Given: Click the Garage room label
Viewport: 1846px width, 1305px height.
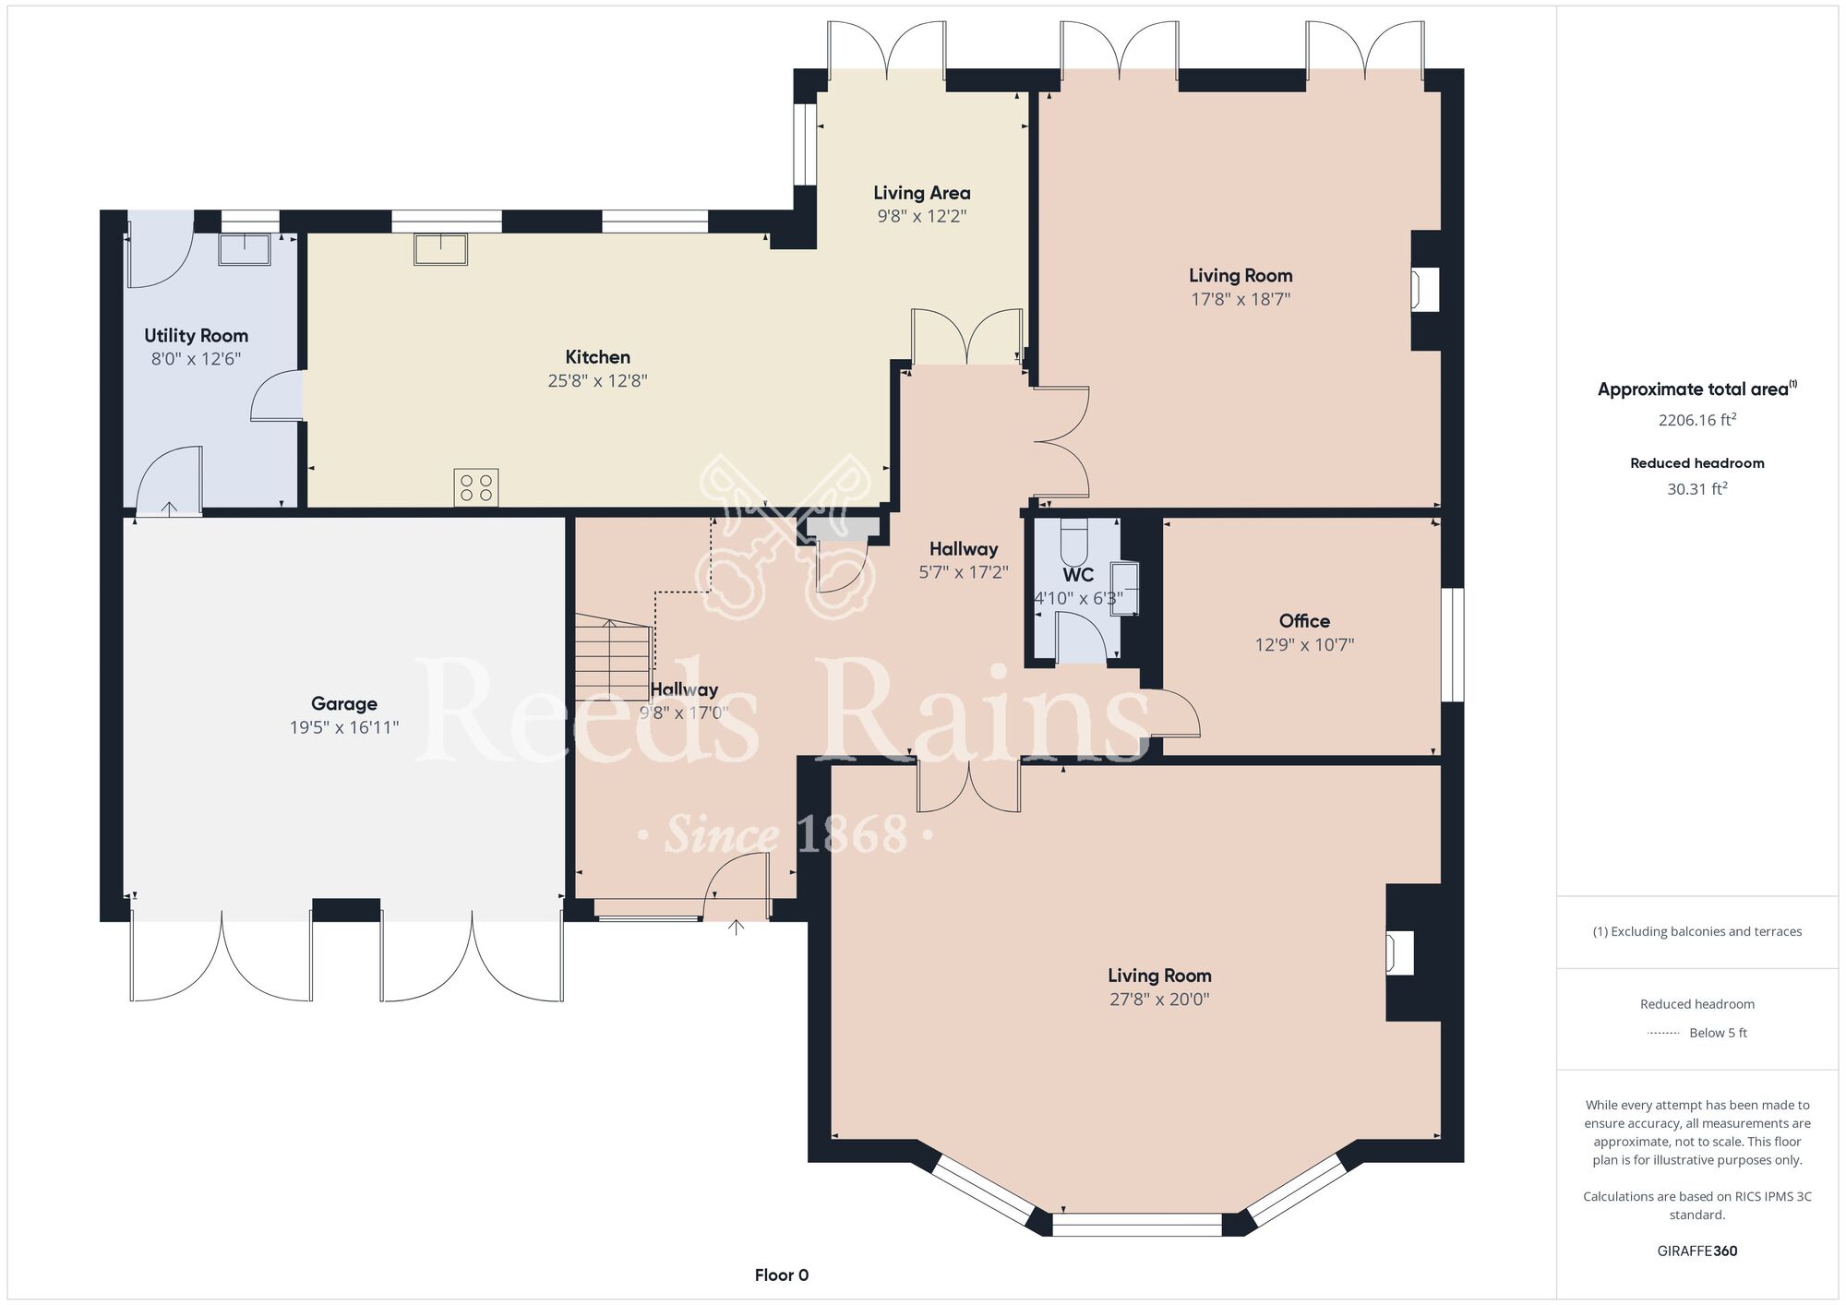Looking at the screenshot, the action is click(x=344, y=704).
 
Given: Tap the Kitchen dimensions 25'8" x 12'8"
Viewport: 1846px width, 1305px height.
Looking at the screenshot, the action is click(x=598, y=381).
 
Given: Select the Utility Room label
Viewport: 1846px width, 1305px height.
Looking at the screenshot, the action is click(x=197, y=336).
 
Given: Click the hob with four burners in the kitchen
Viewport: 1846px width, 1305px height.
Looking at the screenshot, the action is click(x=476, y=487).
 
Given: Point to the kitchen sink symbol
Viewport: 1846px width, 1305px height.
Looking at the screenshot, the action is click(x=441, y=249).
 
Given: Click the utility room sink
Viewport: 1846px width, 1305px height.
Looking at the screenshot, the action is click(x=245, y=250).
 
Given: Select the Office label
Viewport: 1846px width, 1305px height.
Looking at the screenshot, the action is click(x=1304, y=621).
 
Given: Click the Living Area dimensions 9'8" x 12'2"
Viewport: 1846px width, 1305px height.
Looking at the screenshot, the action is click(x=922, y=217).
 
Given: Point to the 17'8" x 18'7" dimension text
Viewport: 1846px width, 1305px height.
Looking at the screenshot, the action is click(x=1241, y=299).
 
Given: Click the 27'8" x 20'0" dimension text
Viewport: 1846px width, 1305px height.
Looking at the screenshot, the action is click(x=1159, y=1000).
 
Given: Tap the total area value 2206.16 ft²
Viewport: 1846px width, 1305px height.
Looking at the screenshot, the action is click(x=1697, y=420).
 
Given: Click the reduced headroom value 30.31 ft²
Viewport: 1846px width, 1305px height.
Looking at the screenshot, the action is click(x=1697, y=489).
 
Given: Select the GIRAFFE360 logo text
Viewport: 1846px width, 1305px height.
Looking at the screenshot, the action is click(x=1697, y=1251).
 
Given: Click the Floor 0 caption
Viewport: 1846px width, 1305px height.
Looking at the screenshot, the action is click(x=782, y=1275).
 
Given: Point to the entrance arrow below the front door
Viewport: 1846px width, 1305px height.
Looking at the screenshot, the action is click(x=737, y=928).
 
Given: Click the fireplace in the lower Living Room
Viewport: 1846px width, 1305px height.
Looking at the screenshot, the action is click(x=1400, y=953).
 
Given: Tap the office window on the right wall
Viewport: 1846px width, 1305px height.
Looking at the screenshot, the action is click(x=1453, y=645).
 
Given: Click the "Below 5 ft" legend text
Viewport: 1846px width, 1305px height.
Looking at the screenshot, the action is click(x=1719, y=1033).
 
